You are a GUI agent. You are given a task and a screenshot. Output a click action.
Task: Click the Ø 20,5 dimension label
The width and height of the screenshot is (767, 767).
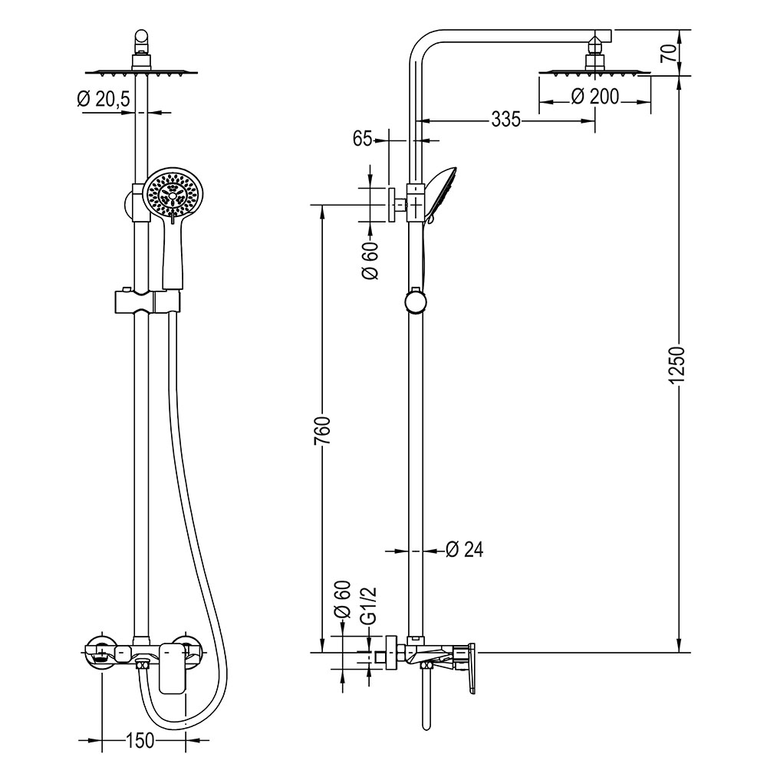(104, 100)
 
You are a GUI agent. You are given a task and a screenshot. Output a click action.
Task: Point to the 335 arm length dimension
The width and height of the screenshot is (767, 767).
(505, 120)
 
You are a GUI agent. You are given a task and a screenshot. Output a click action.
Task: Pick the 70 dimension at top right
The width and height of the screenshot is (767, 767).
(668, 53)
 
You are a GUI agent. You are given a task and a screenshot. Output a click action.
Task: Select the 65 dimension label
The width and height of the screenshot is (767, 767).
(362, 139)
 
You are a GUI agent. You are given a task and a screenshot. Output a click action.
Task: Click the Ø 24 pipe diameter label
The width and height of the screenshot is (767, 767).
(464, 549)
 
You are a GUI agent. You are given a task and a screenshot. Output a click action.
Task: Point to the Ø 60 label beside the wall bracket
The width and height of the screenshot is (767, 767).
(370, 262)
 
